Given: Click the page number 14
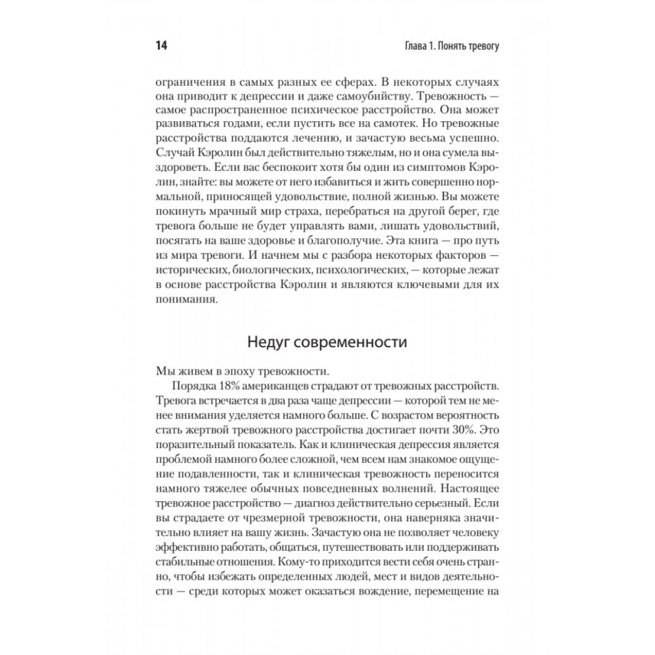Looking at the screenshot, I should [160, 47].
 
